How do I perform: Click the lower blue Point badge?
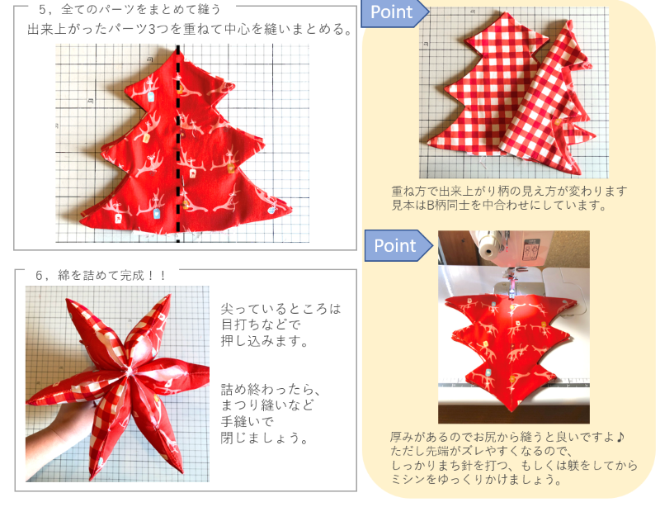coord(398,246)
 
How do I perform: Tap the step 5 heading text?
coord(130,9)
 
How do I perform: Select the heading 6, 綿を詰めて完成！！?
coord(101,275)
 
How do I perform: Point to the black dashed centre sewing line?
coord(178,144)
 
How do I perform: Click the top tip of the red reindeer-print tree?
coord(177,49)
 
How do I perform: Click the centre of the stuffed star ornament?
coord(128,371)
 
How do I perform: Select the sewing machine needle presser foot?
coord(511,287)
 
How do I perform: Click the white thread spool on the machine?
coord(488,246)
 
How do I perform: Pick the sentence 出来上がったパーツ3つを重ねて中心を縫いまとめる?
coord(190,29)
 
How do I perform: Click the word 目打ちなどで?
coord(261,325)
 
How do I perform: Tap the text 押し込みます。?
coord(265,340)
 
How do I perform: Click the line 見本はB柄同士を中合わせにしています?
coord(499,206)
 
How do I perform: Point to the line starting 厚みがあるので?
coord(508,437)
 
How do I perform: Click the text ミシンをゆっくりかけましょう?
coord(476,480)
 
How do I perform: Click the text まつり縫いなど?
coord(267,405)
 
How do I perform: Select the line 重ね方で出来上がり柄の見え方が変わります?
coord(509,192)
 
